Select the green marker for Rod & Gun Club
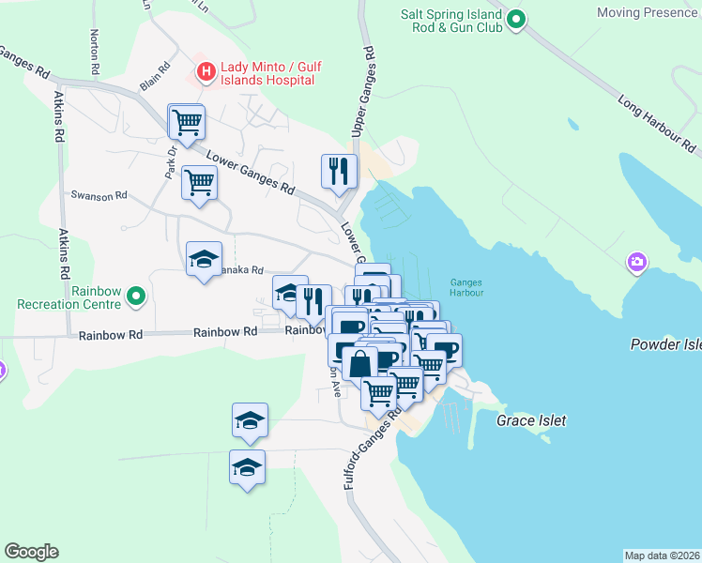pos(515,19)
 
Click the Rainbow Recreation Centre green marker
pos(137,297)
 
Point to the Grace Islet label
pos(531,420)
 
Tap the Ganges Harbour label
pos(465,286)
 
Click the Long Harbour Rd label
pos(658,122)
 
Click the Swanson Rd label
pos(99,195)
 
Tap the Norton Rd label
pos(95,52)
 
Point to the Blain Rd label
pos(155,75)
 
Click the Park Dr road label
pos(172,163)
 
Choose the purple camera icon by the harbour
pos(638,261)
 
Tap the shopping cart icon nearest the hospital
pos(187,121)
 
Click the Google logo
pos(31,552)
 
